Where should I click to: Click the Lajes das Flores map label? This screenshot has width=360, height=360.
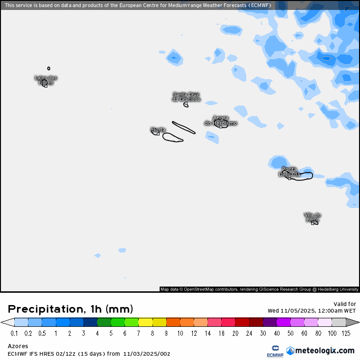[45, 80]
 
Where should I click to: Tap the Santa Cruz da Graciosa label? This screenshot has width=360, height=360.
[186, 97]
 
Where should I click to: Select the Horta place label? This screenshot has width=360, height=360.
[158, 129]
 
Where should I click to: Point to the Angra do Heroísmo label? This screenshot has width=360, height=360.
[221, 121]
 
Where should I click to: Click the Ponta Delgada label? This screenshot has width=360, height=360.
[289, 172]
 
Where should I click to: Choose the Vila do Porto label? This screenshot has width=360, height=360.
[313, 217]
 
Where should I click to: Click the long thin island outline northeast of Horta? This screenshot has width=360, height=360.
[184, 127]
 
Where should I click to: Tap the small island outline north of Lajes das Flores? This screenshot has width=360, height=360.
[49, 68]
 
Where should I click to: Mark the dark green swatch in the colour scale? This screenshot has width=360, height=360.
[104, 322]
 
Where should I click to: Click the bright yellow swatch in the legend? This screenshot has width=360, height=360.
[145, 322]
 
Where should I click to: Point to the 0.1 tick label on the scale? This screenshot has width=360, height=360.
[15, 333]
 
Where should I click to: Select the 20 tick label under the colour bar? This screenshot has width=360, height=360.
[235, 333]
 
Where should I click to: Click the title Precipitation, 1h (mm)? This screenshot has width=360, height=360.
[70, 309]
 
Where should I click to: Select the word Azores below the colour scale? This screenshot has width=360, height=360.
[18, 346]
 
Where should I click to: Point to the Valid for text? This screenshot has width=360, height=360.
[345, 304]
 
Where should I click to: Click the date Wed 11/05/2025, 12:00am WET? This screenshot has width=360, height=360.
[311, 311]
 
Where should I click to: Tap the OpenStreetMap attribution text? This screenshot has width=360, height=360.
[259, 289]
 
